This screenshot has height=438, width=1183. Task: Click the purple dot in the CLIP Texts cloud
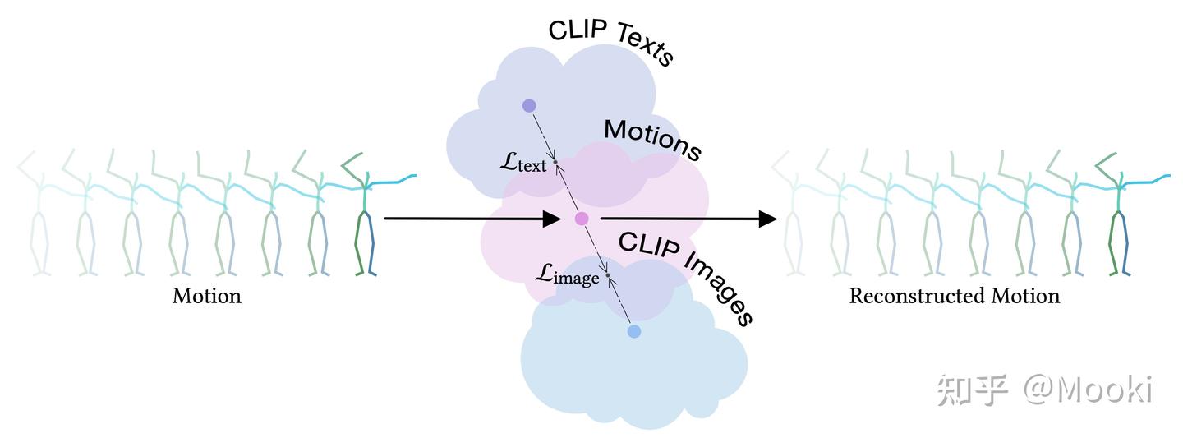click(529, 105)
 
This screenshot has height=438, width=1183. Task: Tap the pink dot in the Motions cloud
click(582, 219)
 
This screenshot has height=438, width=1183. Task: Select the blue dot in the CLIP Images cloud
click(633, 331)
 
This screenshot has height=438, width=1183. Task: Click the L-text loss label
click(523, 164)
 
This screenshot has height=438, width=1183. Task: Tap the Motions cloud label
click(652, 140)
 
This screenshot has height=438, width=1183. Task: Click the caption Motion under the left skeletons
click(206, 296)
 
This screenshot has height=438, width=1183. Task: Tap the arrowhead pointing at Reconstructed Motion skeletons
click(767, 219)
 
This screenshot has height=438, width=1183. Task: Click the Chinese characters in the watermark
click(972, 390)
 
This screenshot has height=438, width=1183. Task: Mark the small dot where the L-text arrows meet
click(555, 162)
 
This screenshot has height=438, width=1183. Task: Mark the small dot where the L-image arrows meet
click(608, 275)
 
